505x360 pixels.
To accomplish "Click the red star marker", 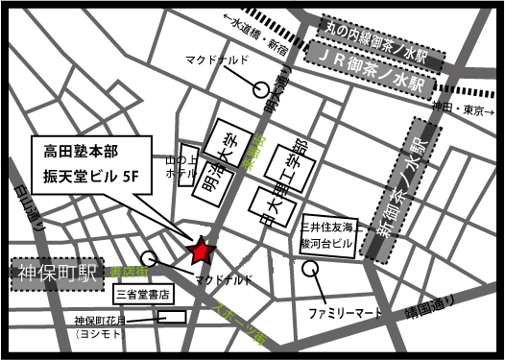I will (x=201, y=252).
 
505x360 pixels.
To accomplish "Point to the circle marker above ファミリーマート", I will (x=311, y=270).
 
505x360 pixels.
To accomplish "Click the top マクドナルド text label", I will (x=217, y=60).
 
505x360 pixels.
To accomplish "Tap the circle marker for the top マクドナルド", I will (x=260, y=89).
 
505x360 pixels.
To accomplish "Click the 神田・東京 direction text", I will (x=458, y=109).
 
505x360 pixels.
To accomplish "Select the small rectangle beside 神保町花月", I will (x=171, y=316).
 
